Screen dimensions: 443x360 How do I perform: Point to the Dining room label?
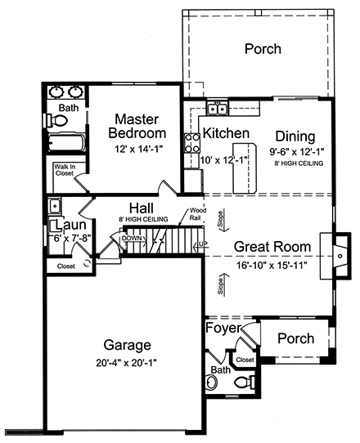[295, 136]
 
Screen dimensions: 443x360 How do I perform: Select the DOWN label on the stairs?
[133, 239]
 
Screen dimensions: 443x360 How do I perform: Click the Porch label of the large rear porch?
[263, 49]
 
